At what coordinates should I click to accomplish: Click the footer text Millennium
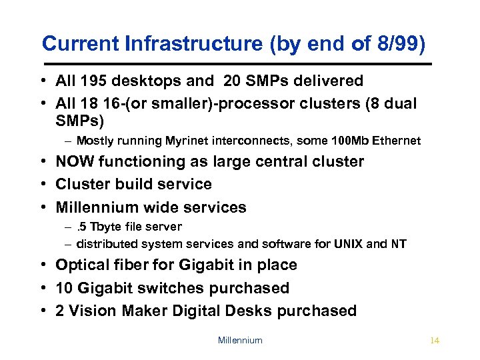tap(240, 341)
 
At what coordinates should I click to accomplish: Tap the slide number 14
tap(435, 341)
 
